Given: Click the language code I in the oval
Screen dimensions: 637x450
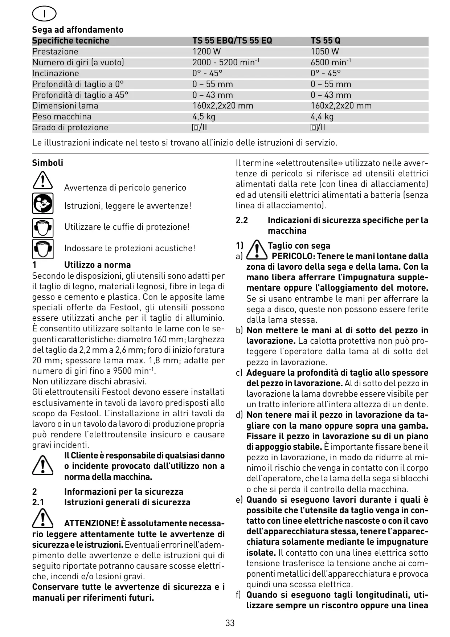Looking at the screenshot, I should coord(44,14).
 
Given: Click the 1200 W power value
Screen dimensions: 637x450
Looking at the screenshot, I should coord(206,52).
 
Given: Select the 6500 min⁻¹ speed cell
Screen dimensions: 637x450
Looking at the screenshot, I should coord(331,62).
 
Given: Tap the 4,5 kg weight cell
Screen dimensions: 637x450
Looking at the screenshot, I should coord(204,117).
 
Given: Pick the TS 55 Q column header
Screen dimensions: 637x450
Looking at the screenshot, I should coord(326,41).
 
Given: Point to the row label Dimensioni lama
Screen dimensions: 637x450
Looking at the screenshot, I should coord(65,106).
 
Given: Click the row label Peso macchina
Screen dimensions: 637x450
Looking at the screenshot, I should coord(62,117).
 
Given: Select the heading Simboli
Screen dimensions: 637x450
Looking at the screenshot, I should coord(48,163).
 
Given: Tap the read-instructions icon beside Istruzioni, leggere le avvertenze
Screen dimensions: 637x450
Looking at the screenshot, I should coord(42,203).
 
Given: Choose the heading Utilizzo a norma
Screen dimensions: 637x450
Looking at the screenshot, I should coord(97,265).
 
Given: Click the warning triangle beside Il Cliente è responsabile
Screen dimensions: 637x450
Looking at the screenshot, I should coord(42,466).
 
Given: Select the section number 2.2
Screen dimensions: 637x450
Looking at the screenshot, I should coord(242,220).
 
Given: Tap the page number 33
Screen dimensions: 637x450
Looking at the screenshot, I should coord(230,623).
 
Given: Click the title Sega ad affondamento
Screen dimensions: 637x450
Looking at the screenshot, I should coord(78,30).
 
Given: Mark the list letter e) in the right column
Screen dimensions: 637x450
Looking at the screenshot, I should coord(239,500).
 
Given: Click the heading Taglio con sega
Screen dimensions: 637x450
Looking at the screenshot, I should coord(299,246).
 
